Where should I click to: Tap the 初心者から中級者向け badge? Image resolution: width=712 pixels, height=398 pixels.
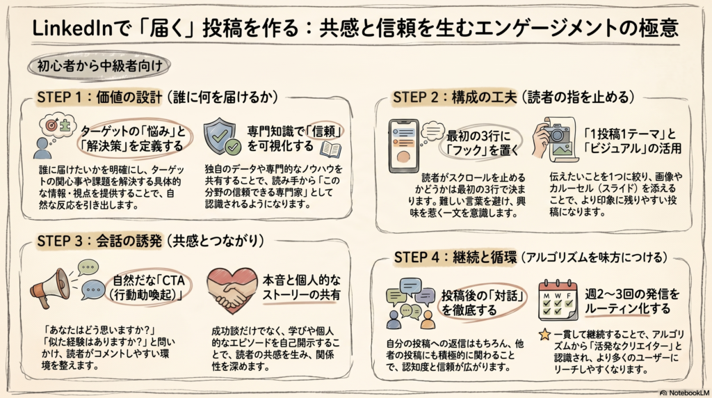[x=96, y=68]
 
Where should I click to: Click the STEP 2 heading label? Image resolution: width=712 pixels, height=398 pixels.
[x=420, y=97]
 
